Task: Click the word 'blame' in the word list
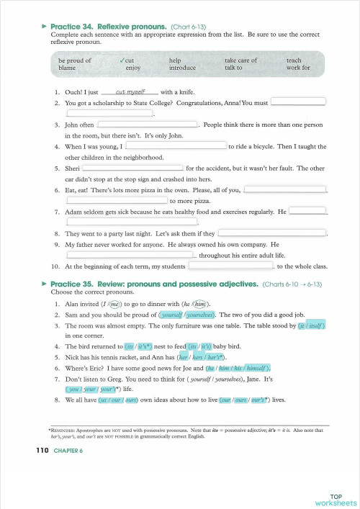point(66,68)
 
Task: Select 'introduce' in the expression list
point(182,68)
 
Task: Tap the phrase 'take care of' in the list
point(240,60)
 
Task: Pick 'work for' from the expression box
point(298,68)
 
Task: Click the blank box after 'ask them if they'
point(271,233)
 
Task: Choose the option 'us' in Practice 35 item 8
point(105,399)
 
